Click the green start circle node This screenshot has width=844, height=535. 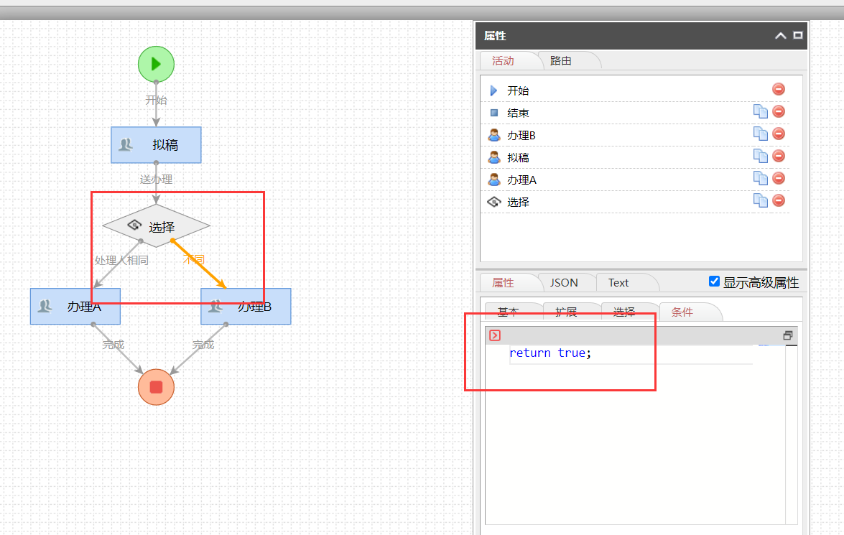coord(156,64)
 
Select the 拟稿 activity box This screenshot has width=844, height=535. coord(156,145)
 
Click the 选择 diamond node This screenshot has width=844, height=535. coord(157,226)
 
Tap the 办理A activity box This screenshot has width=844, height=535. coord(75,307)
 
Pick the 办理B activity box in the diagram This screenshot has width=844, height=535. coord(246,307)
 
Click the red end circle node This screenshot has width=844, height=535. coord(156,387)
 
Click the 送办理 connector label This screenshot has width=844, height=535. coord(156,180)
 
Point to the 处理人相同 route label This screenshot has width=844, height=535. coord(121,260)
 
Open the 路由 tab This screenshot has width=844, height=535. coord(561,61)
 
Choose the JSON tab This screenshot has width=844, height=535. coord(564,282)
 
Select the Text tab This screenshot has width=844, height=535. coord(618,282)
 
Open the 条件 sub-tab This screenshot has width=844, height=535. coord(682,312)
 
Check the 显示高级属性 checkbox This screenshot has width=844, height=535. coord(714,282)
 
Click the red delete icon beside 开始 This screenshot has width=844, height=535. coord(779,89)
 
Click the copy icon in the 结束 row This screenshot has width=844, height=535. coord(760,111)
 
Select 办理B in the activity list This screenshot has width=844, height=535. coord(521,135)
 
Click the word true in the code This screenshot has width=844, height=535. coord(571,353)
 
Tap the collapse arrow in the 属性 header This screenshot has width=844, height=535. coord(780,36)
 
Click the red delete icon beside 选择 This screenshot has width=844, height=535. coord(779,200)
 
